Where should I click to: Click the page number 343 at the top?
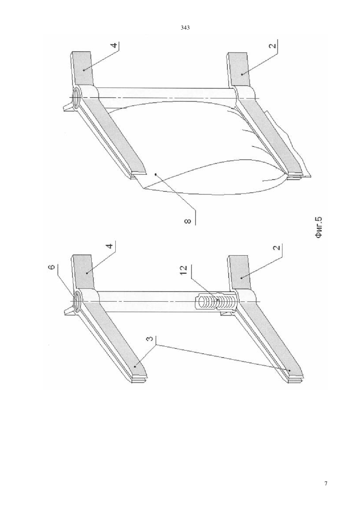[x=185, y=28]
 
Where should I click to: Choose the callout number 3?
[x=149, y=344]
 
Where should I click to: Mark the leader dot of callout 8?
[x=156, y=174]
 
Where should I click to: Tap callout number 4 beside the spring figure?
[x=111, y=246]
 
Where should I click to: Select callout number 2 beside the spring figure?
[x=277, y=248]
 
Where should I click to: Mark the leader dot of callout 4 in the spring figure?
[x=87, y=273]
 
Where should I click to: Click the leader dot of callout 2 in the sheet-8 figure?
[x=242, y=74]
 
